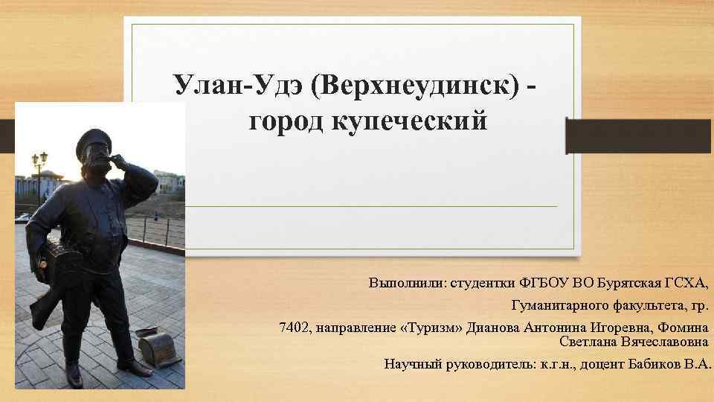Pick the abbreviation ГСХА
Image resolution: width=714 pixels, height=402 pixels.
point(684,284)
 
